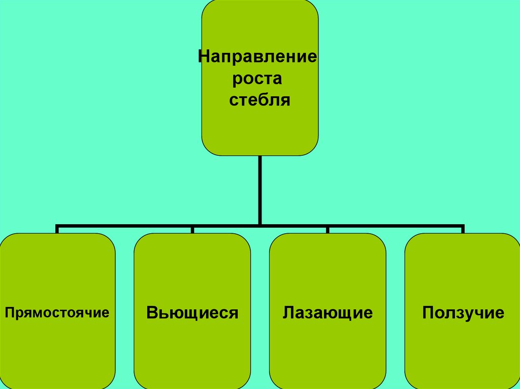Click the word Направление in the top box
[x=257, y=55]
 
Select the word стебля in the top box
[x=259, y=100]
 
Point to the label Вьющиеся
[x=192, y=312]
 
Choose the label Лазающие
[x=328, y=312]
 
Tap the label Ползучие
[x=463, y=312]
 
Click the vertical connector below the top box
[x=260, y=188]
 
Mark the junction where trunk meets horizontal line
[x=260, y=224]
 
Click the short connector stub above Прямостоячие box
[x=57, y=229]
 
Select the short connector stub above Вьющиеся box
[x=192, y=229]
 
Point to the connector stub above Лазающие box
[x=328, y=229]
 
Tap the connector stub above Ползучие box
[x=462, y=229]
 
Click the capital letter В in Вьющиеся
[x=151, y=312]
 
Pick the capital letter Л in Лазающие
[x=288, y=312]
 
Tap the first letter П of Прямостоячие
[x=9, y=311]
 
